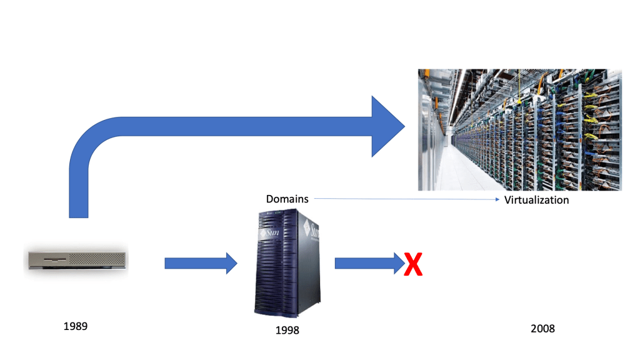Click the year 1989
(x=75, y=326)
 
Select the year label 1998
(x=287, y=330)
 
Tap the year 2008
(x=542, y=328)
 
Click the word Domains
(x=287, y=199)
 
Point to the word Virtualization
(x=536, y=200)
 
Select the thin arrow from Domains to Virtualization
(x=406, y=199)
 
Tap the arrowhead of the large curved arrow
(x=387, y=126)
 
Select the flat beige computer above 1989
(x=77, y=259)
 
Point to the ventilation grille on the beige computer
(x=100, y=257)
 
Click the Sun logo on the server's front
(x=271, y=234)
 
